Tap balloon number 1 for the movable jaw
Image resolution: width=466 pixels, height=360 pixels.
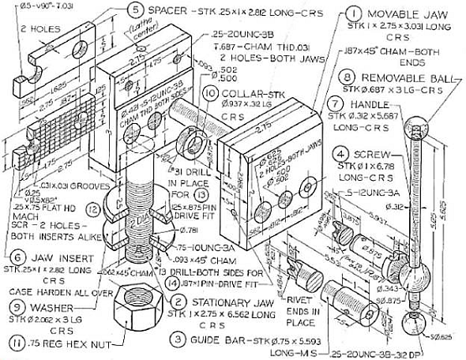point(332,13)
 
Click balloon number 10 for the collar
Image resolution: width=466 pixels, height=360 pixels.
point(209,93)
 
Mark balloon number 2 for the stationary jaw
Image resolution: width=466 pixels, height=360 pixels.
point(181,301)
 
